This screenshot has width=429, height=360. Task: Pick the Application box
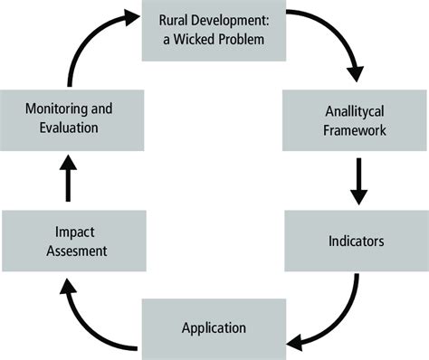coord(214,327)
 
